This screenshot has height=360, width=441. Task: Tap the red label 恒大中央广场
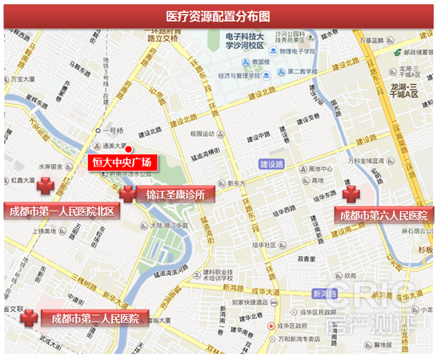121,163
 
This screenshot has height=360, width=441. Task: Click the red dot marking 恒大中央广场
128,149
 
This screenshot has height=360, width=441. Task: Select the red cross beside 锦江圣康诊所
127,193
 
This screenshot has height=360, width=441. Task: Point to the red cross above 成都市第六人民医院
351,194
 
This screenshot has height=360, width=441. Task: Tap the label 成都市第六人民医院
383,215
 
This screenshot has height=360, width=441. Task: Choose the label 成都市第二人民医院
95,318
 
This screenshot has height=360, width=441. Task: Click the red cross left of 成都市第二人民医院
30,318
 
